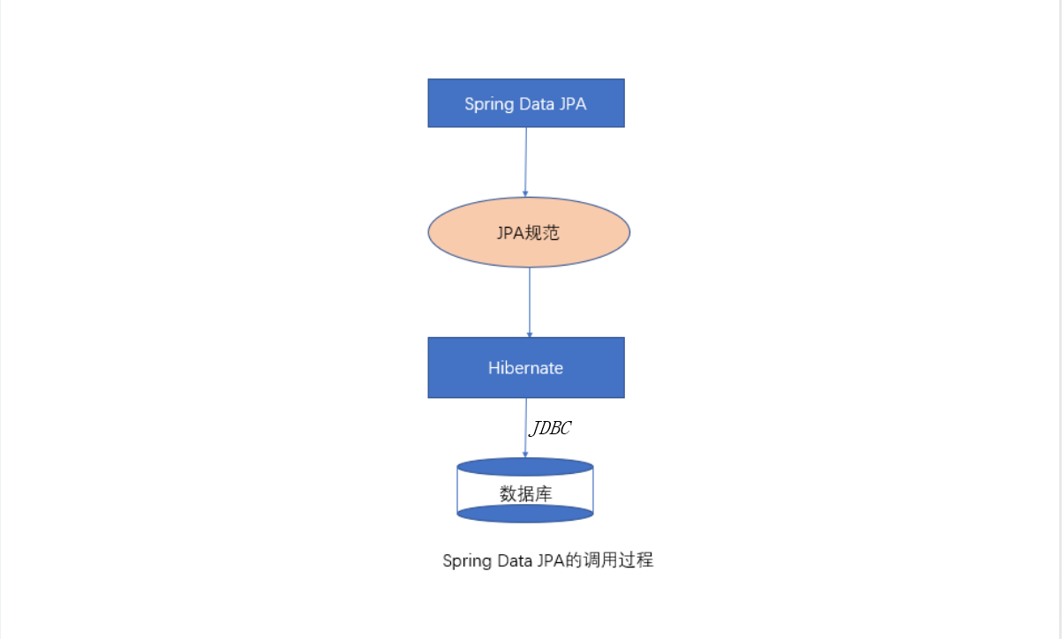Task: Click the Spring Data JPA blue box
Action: pos(526,103)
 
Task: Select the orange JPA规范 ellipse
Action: pos(529,232)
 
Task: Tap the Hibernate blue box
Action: pos(526,367)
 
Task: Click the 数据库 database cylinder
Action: pos(525,490)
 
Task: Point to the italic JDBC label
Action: pos(550,429)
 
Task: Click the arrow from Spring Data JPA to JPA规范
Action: pos(526,162)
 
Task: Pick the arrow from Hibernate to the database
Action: pos(526,427)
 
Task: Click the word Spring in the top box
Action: pos(489,104)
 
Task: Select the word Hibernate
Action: pos(526,368)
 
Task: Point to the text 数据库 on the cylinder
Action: pos(526,493)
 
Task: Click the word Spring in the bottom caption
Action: pos(466,561)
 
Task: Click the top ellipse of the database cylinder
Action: pos(525,466)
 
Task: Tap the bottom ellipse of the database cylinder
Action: pos(525,513)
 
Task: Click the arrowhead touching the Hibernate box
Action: pos(530,334)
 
